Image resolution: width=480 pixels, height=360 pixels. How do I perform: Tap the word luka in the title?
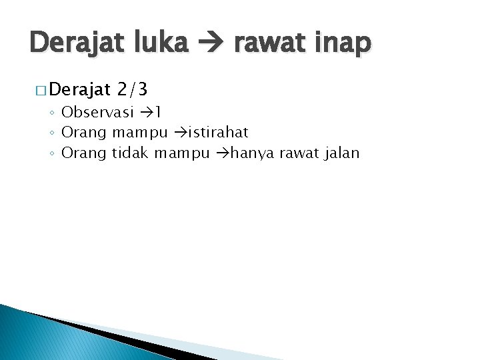(x=159, y=43)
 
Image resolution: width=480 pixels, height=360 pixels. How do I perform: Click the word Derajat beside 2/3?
(x=79, y=89)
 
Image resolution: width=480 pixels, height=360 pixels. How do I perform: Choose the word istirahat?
(x=217, y=132)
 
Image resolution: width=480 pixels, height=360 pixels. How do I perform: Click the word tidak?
(x=130, y=153)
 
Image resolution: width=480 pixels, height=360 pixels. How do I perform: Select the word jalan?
(x=341, y=153)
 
